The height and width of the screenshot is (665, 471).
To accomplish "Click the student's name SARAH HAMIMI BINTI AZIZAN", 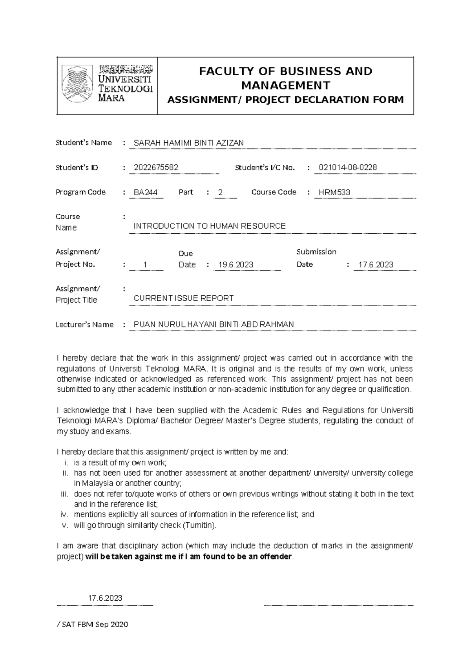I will point(188,143).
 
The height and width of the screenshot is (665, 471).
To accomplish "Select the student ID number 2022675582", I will point(156,168).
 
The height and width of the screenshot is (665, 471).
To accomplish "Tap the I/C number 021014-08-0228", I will point(348,168).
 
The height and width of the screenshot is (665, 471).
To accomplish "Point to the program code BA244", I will point(146,193).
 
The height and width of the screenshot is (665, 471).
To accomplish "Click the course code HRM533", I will point(334,193).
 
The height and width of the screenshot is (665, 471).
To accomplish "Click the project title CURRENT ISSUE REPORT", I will point(184,298).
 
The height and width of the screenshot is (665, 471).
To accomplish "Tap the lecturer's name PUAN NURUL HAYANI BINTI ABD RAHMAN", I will point(214,325).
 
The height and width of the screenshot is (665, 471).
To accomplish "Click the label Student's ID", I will point(77,168).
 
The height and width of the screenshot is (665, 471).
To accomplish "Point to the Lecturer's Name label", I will point(84,325).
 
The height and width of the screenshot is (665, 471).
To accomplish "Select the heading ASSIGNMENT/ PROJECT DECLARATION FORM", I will point(285,100).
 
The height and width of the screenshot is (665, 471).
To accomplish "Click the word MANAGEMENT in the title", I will point(285,85).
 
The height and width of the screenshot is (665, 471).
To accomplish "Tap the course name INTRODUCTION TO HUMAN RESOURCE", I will point(210,226).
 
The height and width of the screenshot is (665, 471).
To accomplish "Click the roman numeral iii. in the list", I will point(65,494).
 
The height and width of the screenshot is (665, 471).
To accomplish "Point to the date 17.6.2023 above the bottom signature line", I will point(105,598).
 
